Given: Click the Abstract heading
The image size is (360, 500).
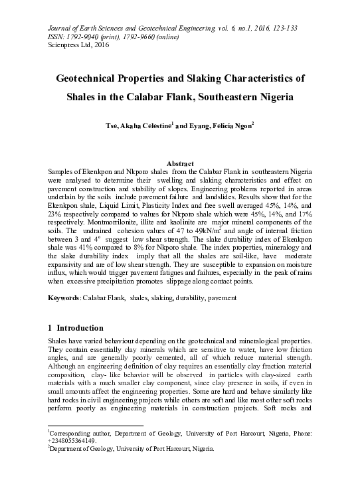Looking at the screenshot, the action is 179,163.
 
